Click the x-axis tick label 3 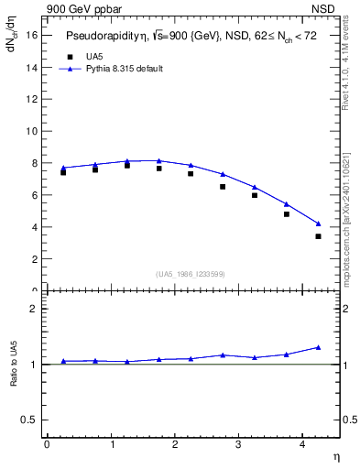click(238, 444)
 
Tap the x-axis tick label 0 click(47, 444)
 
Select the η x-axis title click(336, 455)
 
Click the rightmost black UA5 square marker click(319, 236)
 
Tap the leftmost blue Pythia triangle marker click(63, 168)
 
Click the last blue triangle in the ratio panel click(319, 347)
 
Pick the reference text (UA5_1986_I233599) click(190, 274)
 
